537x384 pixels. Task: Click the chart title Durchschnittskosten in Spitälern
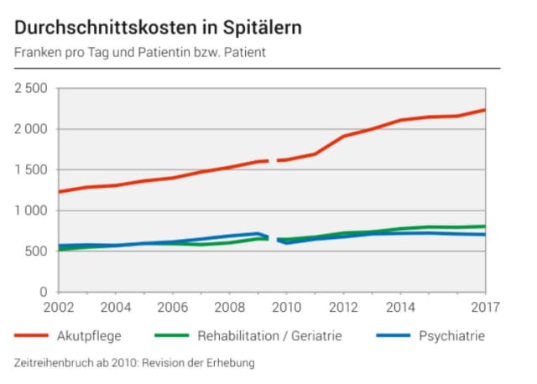tap(158, 27)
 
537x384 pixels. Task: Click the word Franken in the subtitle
tap(37, 52)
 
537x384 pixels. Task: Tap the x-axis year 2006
tap(173, 307)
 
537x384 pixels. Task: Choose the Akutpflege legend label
tap(89, 337)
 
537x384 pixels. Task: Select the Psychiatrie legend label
tap(451, 337)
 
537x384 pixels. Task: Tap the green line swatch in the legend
tap(173, 337)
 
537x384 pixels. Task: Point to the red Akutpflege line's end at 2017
tap(485, 110)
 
